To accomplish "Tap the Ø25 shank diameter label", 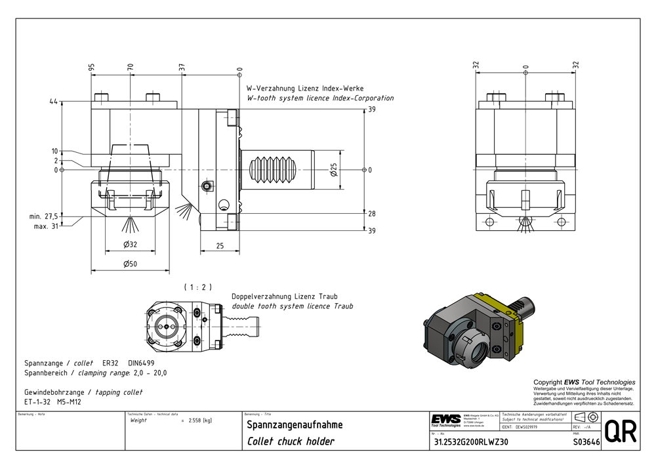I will pyautogui.click(x=333, y=170).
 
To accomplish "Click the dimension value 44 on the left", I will pyautogui.click(x=53, y=102).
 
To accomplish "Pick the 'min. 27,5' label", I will pyautogui.click(x=44, y=216).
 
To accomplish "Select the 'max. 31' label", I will pyautogui.click(x=46, y=227).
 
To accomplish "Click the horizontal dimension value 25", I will pyautogui.click(x=220, y=245).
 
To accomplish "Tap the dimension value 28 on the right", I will pyautogui.click(x=371, y=214).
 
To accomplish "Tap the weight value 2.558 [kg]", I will pyautogui.click(x=199, y=420).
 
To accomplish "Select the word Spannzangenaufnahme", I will pyautogui.click(x=295, y=425).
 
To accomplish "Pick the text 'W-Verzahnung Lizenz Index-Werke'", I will pyautogui.click(x=305, y=88).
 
